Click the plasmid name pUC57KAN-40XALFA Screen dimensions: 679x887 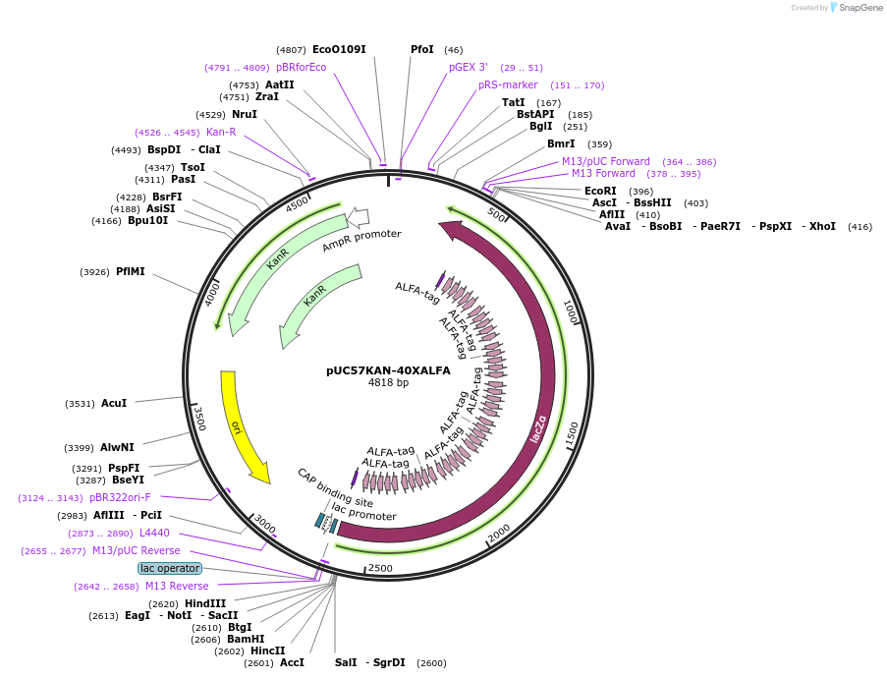[x=388, y=370]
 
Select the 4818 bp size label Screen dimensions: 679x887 [x=388, y=383]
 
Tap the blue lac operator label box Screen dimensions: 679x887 [x=170, y=568]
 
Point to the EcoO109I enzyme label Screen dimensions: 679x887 [x=339, y=49]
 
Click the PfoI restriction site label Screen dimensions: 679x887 [x=421, y=49]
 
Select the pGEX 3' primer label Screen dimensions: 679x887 [x=469, y=67]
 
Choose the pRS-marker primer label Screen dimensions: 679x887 [x=508, y=85]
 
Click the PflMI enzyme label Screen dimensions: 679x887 [x=130, y=271]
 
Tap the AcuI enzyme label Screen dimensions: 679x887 [x=114, y=403]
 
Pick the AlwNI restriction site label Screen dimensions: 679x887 [x=117, y=448]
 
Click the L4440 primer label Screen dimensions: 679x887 [x=154, y=533]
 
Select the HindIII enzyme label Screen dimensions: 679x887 [x=205, y=603]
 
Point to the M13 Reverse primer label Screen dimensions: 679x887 [x=177, y=586]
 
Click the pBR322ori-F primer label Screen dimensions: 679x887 [x=121, y=497]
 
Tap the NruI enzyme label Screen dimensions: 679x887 [x=245, y=114]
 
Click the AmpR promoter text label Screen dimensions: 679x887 [x=361, y=241]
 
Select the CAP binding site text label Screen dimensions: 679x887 [x=335, y=487]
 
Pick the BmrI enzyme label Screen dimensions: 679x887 [x=561, y=143]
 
